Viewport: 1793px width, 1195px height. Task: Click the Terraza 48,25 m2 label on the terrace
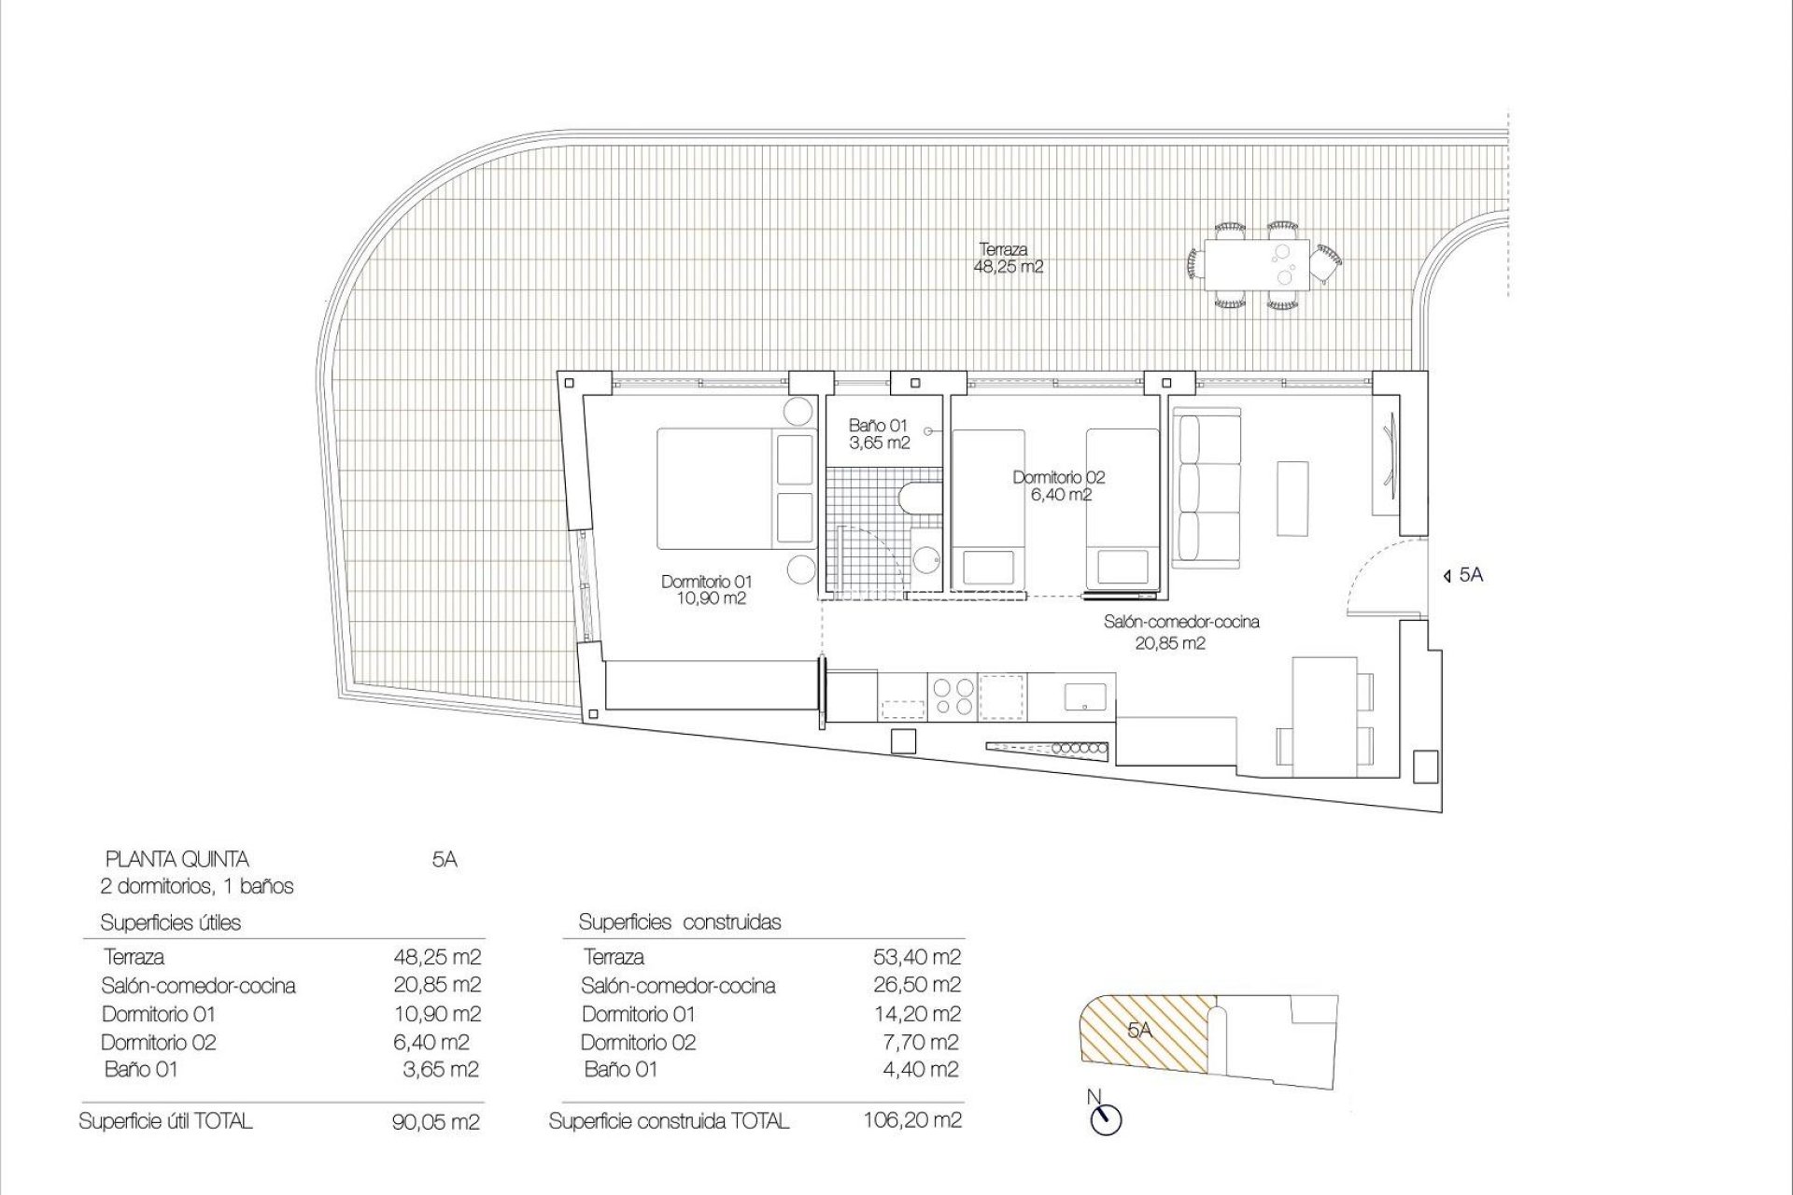1007,259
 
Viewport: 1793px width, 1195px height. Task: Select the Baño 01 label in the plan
878,434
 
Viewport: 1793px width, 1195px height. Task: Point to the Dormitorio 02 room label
1059,485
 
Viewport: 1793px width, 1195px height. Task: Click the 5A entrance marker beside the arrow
1471,576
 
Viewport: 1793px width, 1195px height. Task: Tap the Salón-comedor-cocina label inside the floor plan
1180,631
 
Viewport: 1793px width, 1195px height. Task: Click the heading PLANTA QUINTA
176,859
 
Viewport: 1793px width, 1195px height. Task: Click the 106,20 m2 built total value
912,1120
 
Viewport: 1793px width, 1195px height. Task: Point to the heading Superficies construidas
679,922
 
